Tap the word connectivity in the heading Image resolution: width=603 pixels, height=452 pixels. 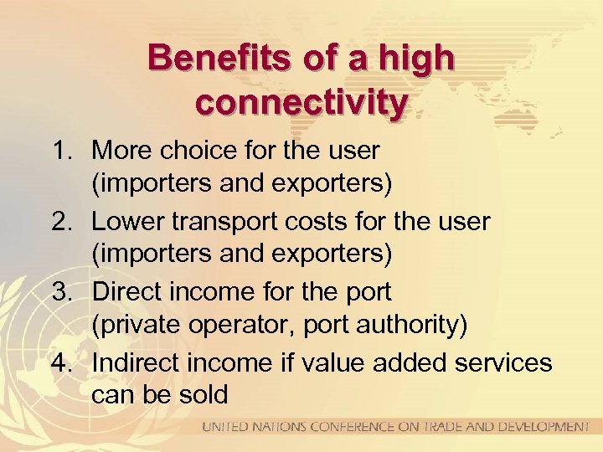[301, 103]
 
